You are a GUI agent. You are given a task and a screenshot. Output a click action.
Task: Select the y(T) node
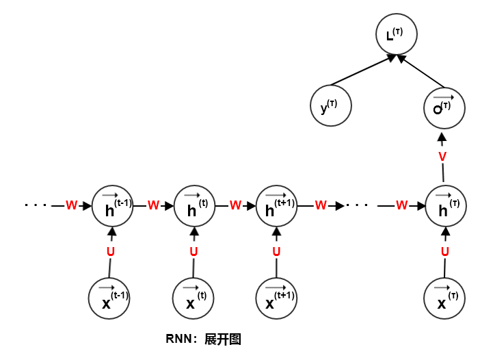point(332,106)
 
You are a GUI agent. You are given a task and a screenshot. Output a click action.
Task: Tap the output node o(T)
point(445,106)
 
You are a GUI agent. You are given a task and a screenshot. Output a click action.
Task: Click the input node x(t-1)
point(109,298)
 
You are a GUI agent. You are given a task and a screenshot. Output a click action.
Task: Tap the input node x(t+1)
point(277,298)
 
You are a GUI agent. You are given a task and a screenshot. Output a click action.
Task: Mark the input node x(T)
point(445,298)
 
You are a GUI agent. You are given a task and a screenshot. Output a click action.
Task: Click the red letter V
point(442,157)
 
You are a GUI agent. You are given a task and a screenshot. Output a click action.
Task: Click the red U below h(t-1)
point(111,252)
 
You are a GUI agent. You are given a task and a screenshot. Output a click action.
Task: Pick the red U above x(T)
point(445,252)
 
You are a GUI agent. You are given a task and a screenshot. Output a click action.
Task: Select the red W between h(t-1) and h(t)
point(153,205)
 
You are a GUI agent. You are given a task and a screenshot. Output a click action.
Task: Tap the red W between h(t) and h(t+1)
point(236,205)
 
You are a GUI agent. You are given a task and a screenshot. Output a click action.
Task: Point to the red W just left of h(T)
point(402,205)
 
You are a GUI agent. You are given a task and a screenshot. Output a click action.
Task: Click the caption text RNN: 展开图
point(204,339)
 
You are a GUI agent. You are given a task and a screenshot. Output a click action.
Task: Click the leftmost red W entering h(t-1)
point(71,205)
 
